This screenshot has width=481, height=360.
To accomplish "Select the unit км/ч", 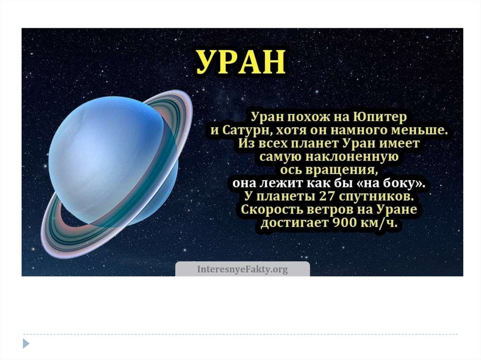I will pos(380,223).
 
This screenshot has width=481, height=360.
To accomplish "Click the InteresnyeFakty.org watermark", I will pos(242,269).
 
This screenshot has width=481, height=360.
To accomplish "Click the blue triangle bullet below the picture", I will pos(26,343).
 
